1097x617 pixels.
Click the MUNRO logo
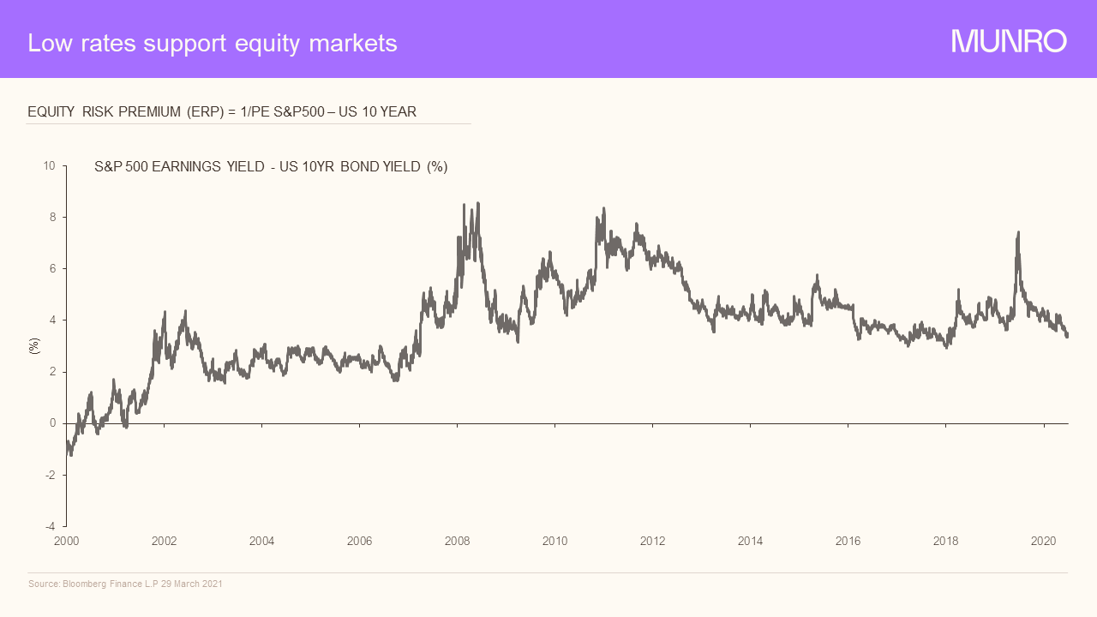point(1009,41)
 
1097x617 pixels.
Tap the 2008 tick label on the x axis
point(458,541)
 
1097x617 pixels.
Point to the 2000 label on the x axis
point(66,541)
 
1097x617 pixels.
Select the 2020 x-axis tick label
point(1043,541)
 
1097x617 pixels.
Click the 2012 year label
point(653,541)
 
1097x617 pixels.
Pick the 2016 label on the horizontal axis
point(848,541)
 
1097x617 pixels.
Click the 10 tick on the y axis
point(50,165)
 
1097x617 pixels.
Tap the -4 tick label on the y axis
point(51,526)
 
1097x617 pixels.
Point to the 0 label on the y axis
point(52,423)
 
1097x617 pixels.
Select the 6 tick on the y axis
point(52,268)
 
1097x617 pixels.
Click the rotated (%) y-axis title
point(34,346)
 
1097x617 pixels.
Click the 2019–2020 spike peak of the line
point(1017,232)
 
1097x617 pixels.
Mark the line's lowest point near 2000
point(70,455)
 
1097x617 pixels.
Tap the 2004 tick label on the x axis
point(262,541)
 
